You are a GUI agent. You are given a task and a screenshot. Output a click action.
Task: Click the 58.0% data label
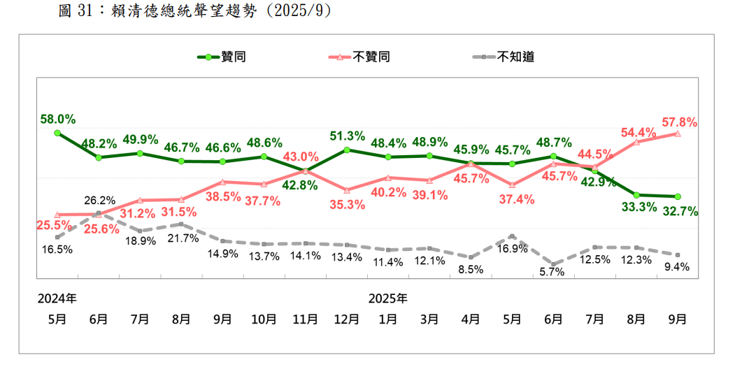coord(57,119)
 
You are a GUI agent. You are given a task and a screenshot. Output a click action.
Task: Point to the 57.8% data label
coord(678,122)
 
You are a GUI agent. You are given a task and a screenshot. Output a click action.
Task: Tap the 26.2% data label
coord(99,201)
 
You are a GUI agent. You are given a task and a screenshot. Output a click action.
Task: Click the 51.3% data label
coord(348,136)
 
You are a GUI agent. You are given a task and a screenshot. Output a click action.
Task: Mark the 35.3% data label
coord(348,204)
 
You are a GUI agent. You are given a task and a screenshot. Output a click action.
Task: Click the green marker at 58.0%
coord(57,132)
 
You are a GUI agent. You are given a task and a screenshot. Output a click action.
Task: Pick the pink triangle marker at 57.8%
coord(678,133)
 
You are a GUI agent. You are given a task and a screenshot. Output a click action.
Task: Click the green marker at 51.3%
coord(347,150)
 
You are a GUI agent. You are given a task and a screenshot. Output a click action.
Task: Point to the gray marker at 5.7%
coord(553,264)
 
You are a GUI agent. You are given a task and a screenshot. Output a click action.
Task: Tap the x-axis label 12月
coord(347,319)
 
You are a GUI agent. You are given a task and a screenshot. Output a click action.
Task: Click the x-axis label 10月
coord(264,319)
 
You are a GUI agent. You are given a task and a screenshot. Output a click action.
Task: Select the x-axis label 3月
coord(429,319)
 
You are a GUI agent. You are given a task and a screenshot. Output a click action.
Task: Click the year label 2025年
coord(388,298)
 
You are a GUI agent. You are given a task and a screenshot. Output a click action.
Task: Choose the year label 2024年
coord(57,298)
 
